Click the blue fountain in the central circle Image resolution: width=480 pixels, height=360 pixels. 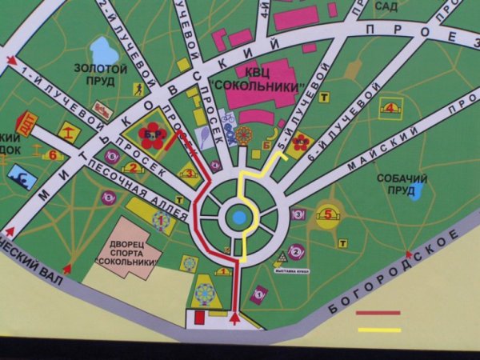click(238, 217)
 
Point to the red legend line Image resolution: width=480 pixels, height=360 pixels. click(378, 314)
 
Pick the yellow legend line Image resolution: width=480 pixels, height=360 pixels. click(378, 329)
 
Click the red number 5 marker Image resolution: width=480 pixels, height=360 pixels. click(327, 214)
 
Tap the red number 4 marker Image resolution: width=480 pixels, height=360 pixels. click(390, 106)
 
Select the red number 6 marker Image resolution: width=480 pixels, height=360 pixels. click(53, 154)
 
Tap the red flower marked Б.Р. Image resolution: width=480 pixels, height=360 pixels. click(151, 135)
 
